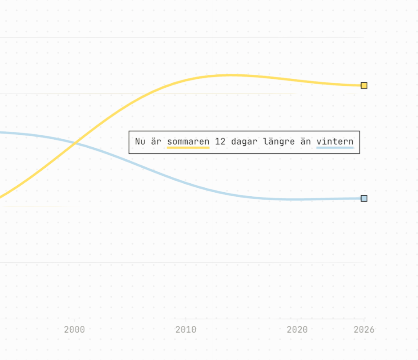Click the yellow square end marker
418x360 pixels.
pyautogui.click(x=364, y=86)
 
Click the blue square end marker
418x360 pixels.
pyautogui.click(x=364, y=198)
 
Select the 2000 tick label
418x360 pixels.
pyautogui.click(x=74, y=330)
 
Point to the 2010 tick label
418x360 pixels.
pyautogui.click(x=186, y=330)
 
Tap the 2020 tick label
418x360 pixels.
pyautogui.click(x=297, y=330)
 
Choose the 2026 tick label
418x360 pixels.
pyautogui.click(x=364, y=330)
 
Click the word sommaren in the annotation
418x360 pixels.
pyautogui.click(x=188, y=142)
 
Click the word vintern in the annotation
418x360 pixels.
pyautogui.click(x=335, y=142)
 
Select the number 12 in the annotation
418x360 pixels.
pyautogui.click(x=220, y=142)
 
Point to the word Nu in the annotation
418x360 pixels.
pyautogui.click(x=140, y=142)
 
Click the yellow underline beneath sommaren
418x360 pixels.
pyautogui.click(x=188, y=147)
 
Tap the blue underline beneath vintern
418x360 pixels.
pyautogui.click(x=335, y=147)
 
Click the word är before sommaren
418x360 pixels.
pyautogui.click(x=156, y=142)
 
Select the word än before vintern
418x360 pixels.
pyautogui.click(x=305, y=142)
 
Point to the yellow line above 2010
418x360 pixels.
pyautogui.click(x=186, y=80)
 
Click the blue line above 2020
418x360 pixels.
pyautogui.click(x=297, y=199)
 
